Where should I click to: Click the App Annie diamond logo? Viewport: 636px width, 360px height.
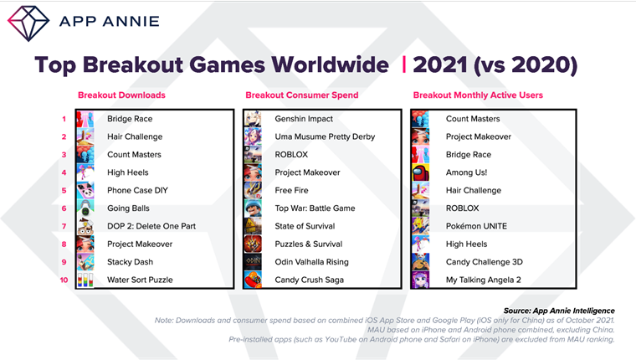(x=28, y=23)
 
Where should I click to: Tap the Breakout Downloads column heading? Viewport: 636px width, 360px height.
(x=121, y=95)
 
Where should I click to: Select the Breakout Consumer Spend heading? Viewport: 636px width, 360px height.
(x=302, y=95)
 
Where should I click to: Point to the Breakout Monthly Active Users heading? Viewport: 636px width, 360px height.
(x=478, y=95)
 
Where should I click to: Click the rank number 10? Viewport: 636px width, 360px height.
(x=64, y=280)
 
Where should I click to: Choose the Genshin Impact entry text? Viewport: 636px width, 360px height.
(x=304, y=119)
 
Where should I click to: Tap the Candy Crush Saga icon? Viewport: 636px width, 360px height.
(x=253, y=280)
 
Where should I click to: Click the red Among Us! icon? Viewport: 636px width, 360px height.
(x=421, y=172)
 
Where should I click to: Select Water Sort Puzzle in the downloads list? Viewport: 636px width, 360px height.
(x=140, y=280)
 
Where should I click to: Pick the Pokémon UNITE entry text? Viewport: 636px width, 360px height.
(x=476, y=226)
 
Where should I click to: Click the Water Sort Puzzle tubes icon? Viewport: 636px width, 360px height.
(x=85, y=280)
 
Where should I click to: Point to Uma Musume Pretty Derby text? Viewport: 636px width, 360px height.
(x=325, y=136)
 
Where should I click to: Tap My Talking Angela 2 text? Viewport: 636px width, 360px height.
(x=484, y=280)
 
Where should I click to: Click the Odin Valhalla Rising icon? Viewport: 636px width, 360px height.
(x=253, y=262)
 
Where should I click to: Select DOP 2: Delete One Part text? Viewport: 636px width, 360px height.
(x=151, y=226)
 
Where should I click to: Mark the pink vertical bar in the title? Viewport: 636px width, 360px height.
(x=404, y=65)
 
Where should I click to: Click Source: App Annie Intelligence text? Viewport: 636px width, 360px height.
(x=559, y=311)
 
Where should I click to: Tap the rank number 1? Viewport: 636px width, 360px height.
(x=64, y=119)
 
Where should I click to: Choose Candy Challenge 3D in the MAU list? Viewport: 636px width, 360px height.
(x=485, y=262)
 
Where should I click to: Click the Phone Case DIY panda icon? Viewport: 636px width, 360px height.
(x=85, y=190)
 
